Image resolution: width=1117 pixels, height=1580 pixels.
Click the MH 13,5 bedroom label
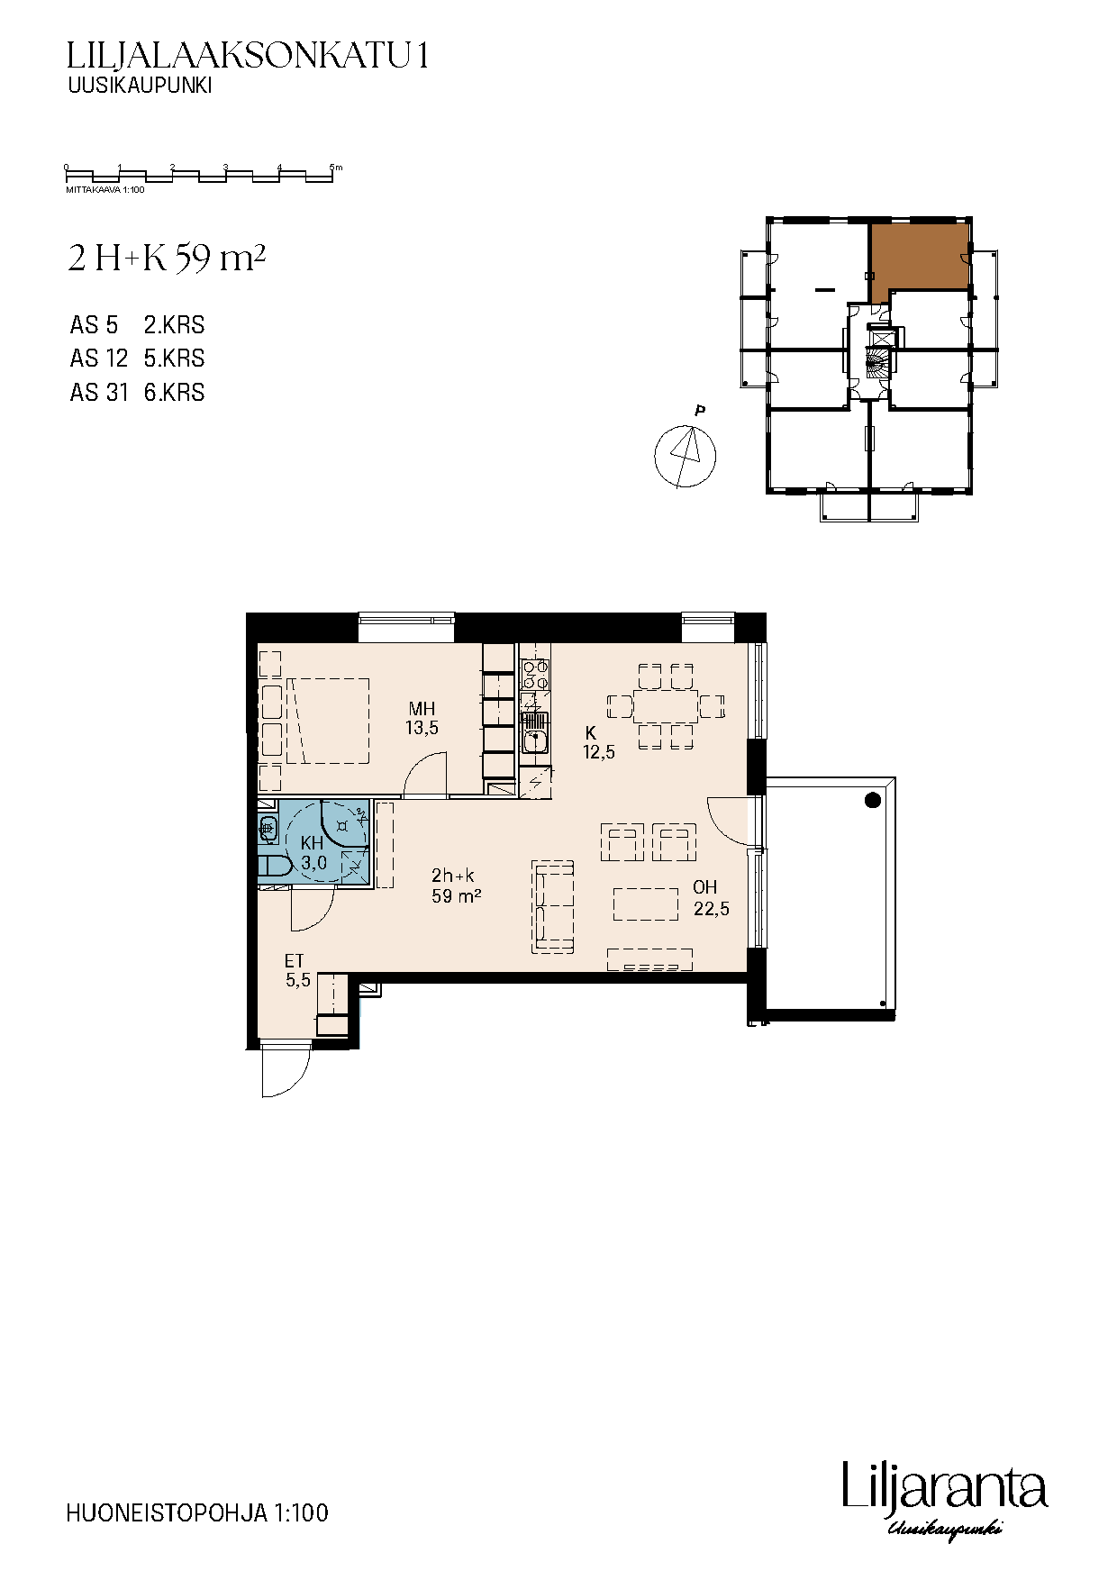click(422, 718)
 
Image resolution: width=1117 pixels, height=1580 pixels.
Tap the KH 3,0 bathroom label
click(313, 853)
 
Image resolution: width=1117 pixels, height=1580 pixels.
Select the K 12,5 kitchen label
click(599, 742)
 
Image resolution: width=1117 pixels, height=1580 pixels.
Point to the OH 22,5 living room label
click(711, 898)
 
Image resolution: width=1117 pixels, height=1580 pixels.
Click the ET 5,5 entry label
click(297, 971)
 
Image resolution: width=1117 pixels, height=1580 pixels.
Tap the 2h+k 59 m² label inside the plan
click(455, 885)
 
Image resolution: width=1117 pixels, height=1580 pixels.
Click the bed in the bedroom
click(328, 721)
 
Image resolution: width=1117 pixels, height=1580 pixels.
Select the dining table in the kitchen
click(666, 706)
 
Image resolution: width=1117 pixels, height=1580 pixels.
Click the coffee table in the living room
click(646, 904)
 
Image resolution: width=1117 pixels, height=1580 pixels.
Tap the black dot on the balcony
click(872, 800)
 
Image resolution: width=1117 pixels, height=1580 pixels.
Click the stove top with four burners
click(535, 676)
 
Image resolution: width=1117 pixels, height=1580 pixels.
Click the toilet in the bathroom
click(273, 867)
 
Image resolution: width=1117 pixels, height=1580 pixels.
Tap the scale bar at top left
click(200, 175)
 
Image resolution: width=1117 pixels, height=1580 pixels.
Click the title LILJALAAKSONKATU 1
click(248, 57)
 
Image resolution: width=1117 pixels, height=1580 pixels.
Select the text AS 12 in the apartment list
click(99, 359)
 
